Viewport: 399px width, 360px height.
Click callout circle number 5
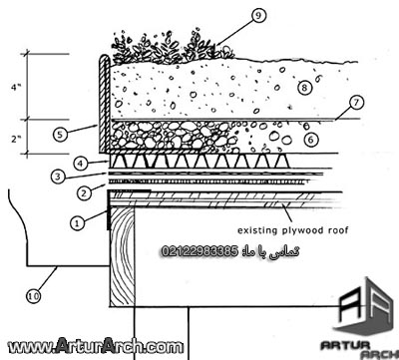[x=62, y=132]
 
